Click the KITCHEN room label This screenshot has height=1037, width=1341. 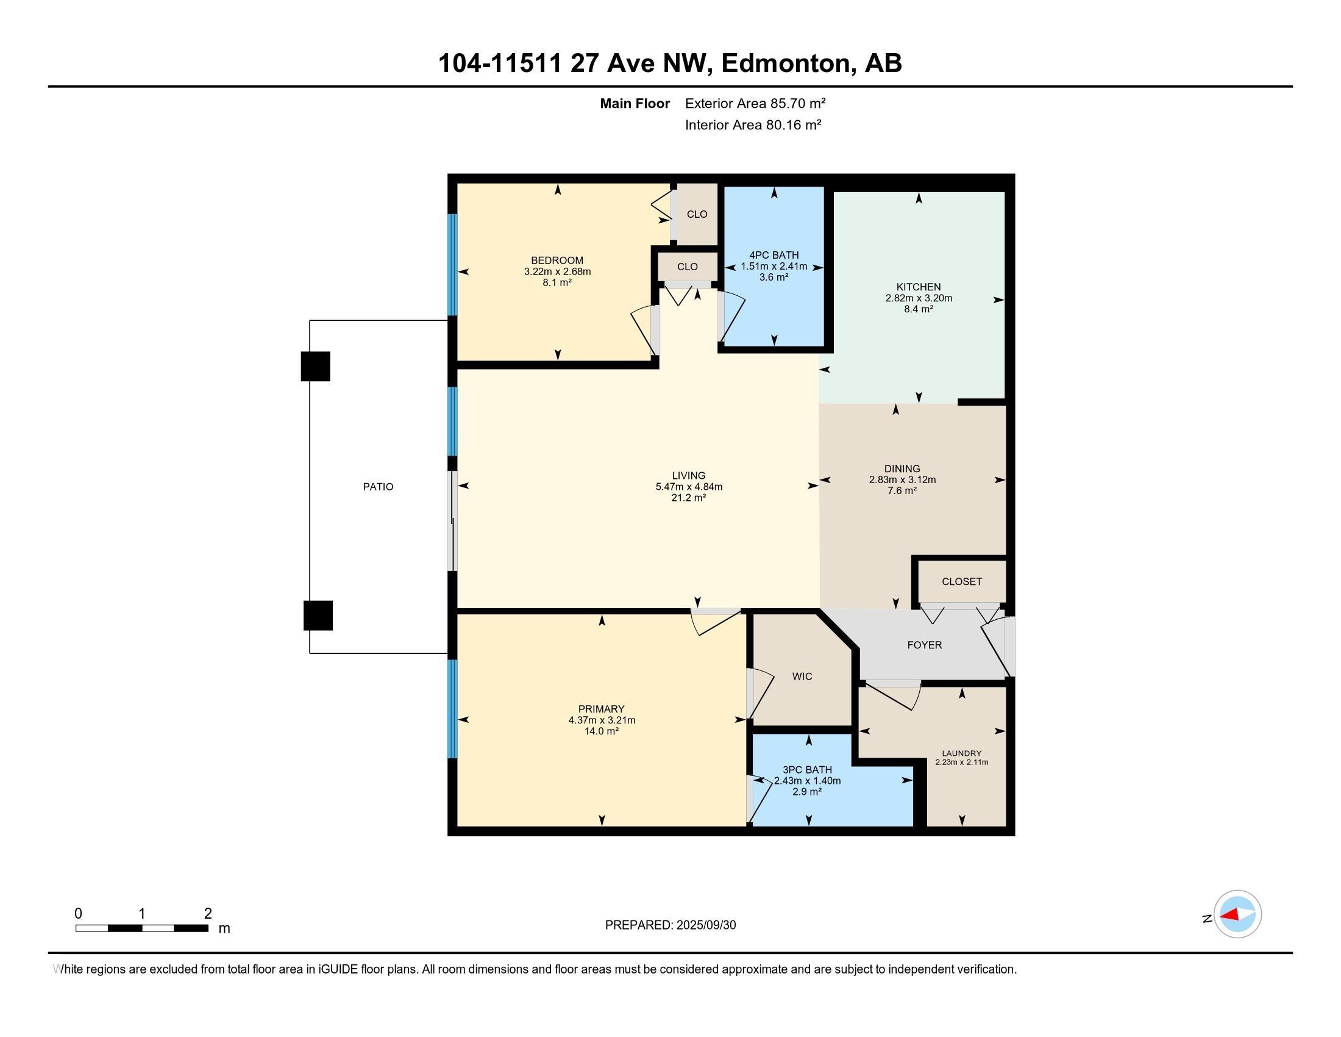click(919, 287)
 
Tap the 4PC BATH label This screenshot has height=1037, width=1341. click(774, 255)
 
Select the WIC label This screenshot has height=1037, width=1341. click(802, 676)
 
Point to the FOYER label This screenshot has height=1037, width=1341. click(924, 645)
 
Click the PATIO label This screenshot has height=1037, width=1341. click(379, 487)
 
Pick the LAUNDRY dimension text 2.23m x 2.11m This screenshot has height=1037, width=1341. click(961, 762)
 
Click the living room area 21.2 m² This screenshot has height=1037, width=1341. click(688, 498)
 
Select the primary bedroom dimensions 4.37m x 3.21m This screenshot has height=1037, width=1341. click(602, 720)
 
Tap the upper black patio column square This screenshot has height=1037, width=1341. click(316, 366)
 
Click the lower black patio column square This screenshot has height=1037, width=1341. click(318, 615)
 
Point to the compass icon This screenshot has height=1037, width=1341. click(1237, 914)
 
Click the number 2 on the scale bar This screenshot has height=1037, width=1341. click(208, 914)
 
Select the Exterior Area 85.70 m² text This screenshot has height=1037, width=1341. click(755, 103)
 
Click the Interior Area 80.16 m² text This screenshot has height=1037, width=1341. click(753, 125)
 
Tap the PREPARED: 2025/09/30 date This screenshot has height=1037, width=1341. click(670, 925)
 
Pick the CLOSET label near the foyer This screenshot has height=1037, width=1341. click(961, 582)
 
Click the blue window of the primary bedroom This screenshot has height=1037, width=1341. click(452, 709)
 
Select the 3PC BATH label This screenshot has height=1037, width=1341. click(808, 770)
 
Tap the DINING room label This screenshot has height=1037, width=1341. click(902, 468)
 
